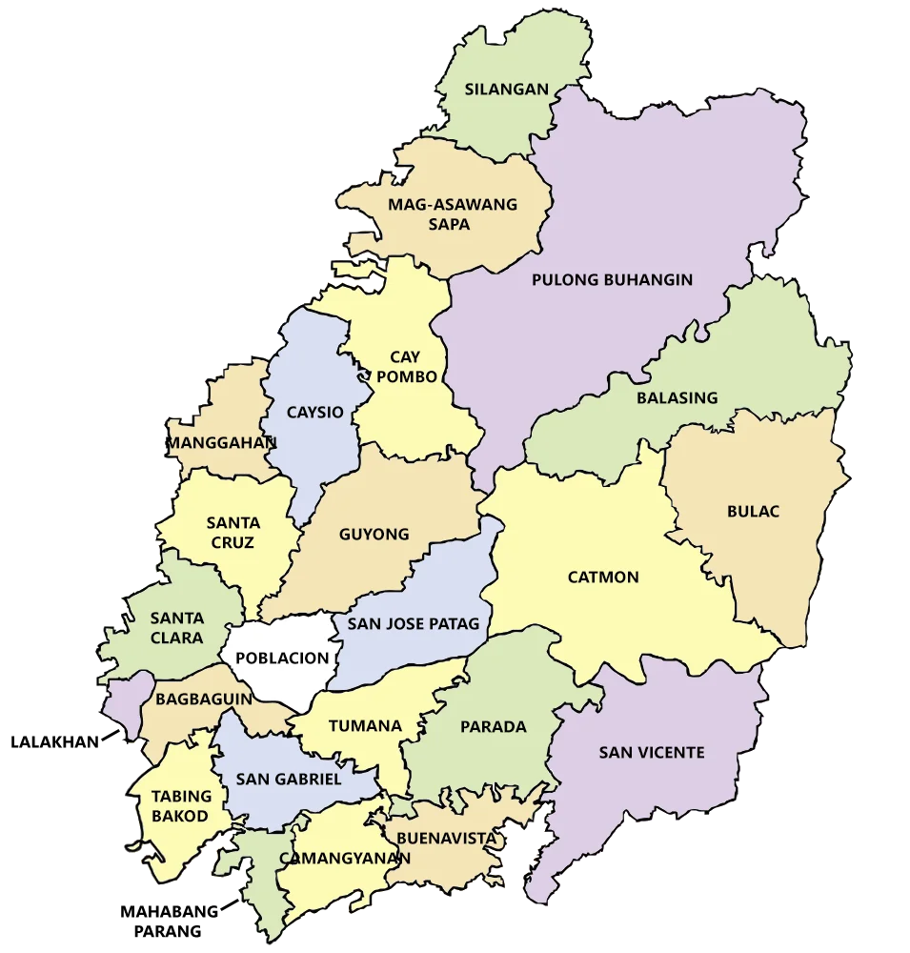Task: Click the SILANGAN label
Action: click(506, 90)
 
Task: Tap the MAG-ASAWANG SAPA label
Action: click(452, 214)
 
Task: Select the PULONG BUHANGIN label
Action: click(612, 280)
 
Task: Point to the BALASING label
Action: click(677, 397)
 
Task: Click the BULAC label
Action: click(753, 512)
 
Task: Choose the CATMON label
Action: click(603, 578)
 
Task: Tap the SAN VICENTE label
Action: click(652, 753)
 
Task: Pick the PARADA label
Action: click(493, 727)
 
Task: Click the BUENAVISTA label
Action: click(447, 839)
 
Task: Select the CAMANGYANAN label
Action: click(345, 858)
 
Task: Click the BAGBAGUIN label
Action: click(203, 699)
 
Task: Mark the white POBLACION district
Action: click(281, 658)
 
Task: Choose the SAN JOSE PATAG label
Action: click(413, 625)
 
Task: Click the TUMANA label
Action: click(365, 726)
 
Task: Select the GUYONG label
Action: click(374, 535)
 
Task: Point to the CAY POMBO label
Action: click(405, 367)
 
